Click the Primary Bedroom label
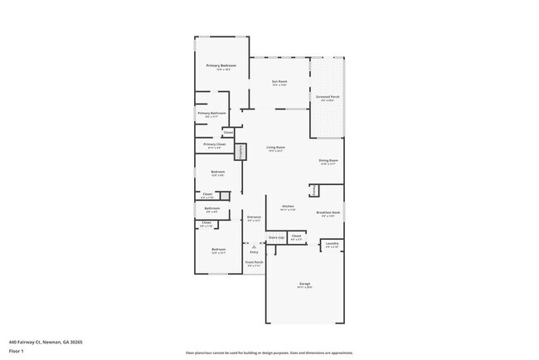tap(221, 66)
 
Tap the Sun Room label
tap(279, 81)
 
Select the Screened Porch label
tap(328, 97)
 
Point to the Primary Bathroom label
tap(211, 113)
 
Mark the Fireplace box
tap(241, 152)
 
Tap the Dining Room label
tap(328, 161)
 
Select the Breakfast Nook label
tap(328, 212)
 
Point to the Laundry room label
tap(332, 244)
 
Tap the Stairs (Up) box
tap(276, 237)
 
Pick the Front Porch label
tap(254, 262)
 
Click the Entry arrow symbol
tap(254, 246)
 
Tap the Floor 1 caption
tap(17, 350)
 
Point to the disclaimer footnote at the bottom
tap(269, 352)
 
